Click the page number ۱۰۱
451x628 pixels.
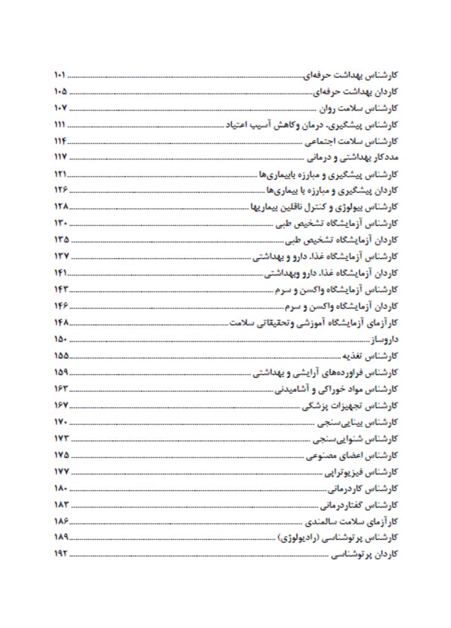60,76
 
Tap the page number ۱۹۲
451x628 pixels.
60,554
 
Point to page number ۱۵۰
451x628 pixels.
60,339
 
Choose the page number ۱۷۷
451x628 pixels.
60,471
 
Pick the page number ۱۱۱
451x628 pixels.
60,125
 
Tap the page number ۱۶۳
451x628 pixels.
60,389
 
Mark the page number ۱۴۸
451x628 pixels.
60,322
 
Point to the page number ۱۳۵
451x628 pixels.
60,239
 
